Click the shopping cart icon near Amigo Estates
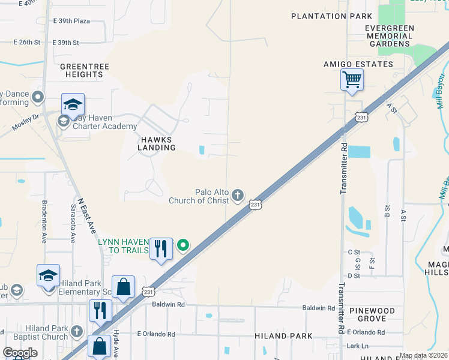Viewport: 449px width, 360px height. point(352,79)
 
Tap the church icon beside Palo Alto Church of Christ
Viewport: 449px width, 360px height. point(238,194)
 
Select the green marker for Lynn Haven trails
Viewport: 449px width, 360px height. point(184,245)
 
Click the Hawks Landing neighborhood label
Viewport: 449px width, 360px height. point(157,143)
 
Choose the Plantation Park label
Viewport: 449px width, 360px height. point(327,16)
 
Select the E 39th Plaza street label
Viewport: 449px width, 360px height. point(71,21)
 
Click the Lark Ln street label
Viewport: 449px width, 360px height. point(357,346)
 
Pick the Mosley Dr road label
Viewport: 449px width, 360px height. point(27,122)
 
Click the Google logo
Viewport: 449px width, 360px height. point(20,353)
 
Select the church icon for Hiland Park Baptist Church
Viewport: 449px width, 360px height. point(76,331)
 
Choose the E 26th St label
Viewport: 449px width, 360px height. point(26,43)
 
